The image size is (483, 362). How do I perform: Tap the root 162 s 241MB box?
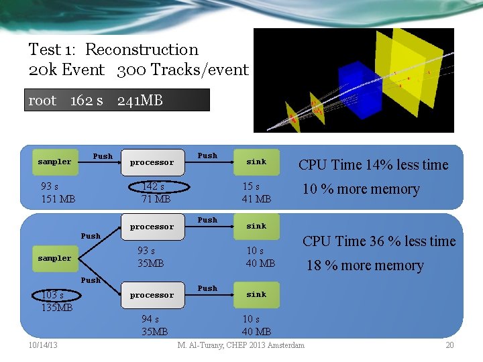tap(117, 101)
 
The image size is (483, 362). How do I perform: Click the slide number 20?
tap(449, 345)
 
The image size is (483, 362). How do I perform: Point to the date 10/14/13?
tap(43, 345)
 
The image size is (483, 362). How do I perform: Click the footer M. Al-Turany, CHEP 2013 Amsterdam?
tap(241, 345)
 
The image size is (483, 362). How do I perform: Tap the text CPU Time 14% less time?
tap(373, 165)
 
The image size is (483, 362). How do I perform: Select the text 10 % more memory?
tap(361, 189)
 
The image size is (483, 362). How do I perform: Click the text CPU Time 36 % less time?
tap(378, 241)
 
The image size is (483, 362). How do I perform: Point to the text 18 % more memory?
tap(365, 265)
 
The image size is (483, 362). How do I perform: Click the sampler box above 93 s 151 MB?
tap(54, 162)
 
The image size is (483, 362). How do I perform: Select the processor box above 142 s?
tap(152, 162)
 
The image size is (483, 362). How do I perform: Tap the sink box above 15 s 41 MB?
tap(256, 162)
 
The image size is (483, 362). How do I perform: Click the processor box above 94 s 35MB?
tap(152, 295)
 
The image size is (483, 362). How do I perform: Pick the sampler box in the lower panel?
tap(54, 258)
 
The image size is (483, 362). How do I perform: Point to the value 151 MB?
tap(58, 198)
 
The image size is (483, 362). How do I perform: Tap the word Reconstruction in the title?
tap(142, 50)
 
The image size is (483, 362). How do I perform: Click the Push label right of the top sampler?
tap(103, 156)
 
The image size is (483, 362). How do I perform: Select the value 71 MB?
tap(156, 198)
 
